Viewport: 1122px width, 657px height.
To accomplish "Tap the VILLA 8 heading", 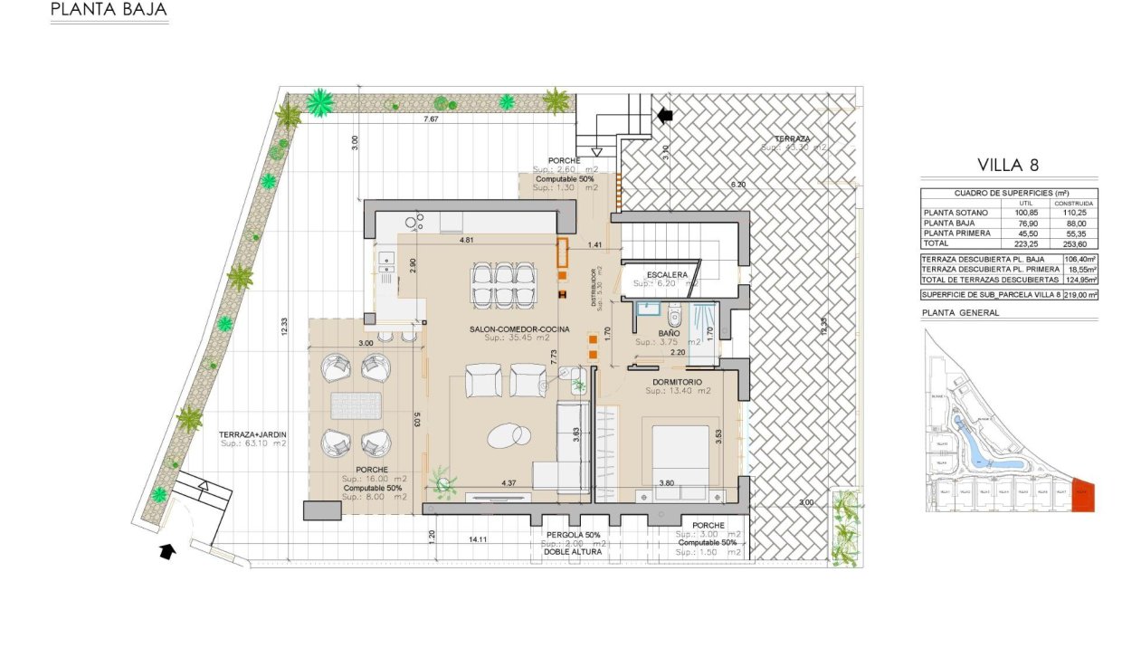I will tap(1007, 165).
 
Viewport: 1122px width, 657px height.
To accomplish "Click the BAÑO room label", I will tap(669, 332).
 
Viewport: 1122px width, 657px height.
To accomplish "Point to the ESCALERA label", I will tap(667, 274).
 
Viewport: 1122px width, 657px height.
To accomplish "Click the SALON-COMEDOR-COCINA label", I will tap(519, 328).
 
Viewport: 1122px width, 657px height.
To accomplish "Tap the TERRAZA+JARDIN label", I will tap(252, 434).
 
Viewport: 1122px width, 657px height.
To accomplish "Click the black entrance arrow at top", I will tap(666, 115).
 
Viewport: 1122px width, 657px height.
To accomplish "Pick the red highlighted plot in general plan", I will tap(1083, 496).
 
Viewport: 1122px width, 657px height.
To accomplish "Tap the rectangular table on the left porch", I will tap(357, 405).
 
